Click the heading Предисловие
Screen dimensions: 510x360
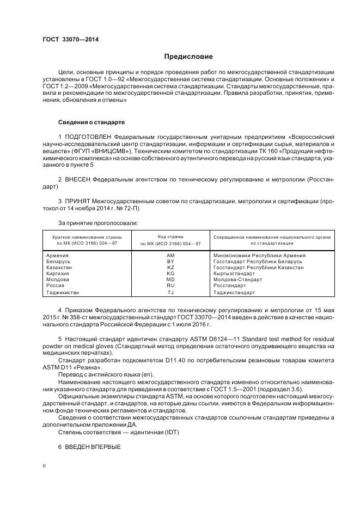(189, 57)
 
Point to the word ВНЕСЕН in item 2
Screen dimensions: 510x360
(77, 179)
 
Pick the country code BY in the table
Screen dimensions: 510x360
(170, 262)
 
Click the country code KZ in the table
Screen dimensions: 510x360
(170, 268)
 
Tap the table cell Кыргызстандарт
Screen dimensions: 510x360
(234, 274)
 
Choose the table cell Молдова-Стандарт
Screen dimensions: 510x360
(237, 280)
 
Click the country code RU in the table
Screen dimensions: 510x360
(170, 286)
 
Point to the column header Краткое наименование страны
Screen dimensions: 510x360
(87, 238)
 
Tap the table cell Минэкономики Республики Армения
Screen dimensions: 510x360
(259, 255)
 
